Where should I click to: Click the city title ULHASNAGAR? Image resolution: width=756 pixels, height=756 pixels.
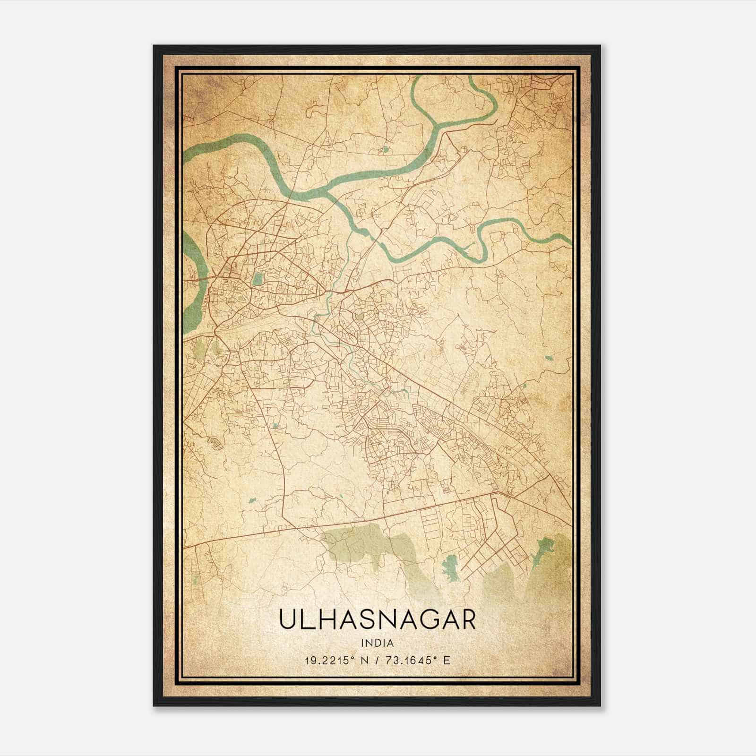[x=377, y=620]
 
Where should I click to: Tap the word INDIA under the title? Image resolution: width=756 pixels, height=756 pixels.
[x=377, y=643]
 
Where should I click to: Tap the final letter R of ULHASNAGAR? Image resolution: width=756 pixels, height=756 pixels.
[x=467, y=620]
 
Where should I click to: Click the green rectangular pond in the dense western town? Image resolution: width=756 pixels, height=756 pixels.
[x=258, y=279]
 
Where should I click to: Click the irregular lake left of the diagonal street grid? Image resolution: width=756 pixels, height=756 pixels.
[x=450, y=567]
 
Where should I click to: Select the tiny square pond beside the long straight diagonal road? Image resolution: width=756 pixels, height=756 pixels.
[x=275, y=426]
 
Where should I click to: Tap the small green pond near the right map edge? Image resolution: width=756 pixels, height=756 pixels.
[x=548, y=358]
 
